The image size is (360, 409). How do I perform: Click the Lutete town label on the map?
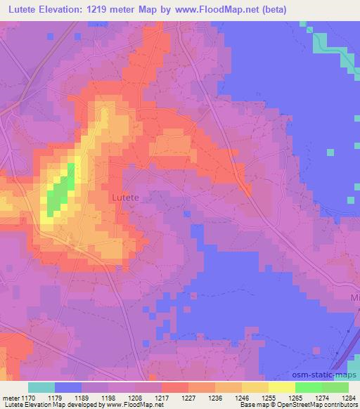tap(125, 199)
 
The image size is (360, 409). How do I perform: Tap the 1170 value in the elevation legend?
tap(29, 398)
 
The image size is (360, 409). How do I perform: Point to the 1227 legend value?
tap(174, 398)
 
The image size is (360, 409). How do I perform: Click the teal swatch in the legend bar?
tap(41, 388)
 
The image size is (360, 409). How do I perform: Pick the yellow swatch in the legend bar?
tap(281, 388)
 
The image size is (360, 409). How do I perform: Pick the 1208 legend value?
tap(120, 398)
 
